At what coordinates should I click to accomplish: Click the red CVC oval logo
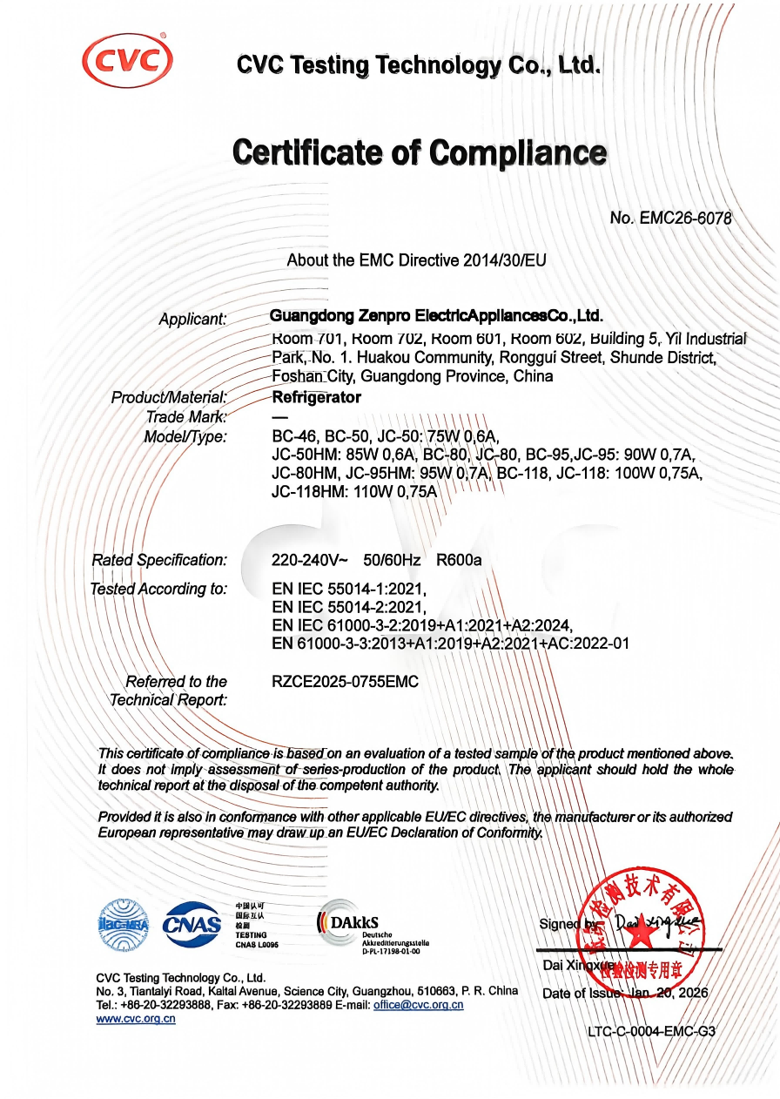[x=127, y=59]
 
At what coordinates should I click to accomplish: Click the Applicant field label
[x=192, y=320]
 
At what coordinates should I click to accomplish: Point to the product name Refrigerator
[x=316, y=397]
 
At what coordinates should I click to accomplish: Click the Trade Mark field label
[x=186, y=417]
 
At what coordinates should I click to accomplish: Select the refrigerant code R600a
[x=459, y=560]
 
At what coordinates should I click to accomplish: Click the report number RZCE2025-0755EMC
[x=345, y=682]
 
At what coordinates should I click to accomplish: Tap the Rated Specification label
[x=159, y=560]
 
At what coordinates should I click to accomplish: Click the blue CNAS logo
[x=192, y=924]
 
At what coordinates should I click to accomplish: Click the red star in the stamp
[x=642, y=932]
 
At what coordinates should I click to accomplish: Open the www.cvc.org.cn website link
[x=136, y=1019]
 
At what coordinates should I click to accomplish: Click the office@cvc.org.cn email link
[x=418, y=1005]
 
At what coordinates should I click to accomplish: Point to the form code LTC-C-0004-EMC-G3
[x=651, y=1032]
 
